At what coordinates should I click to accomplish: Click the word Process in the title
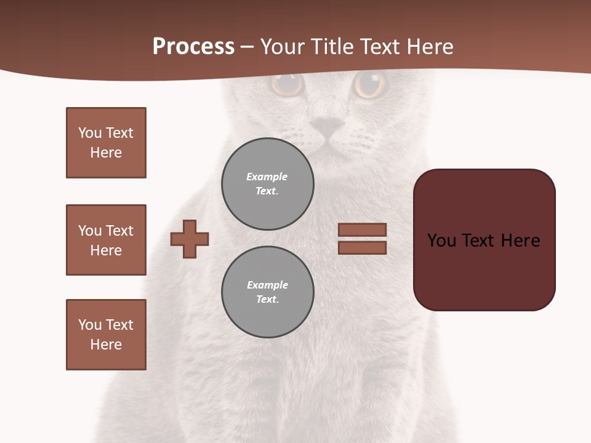(x=193, y=47)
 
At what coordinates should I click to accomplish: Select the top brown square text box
(x=106, y=143)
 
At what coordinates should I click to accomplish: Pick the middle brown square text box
(x=106, y=240)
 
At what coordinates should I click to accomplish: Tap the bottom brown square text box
(x=106, y=335)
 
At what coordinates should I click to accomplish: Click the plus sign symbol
(x=190, y=239)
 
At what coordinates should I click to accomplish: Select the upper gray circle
(x=267, y=184)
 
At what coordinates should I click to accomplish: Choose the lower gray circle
(x=267, y=292)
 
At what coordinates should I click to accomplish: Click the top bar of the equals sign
(x=362, y=229)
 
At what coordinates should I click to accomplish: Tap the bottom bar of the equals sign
(x=362, y=247)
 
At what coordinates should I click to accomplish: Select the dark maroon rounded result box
(x=484, y=240)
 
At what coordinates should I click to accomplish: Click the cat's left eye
(x=287, y=84)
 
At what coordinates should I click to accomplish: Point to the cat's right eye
(x=370, y=84)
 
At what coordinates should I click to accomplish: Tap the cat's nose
(x=327, y=127)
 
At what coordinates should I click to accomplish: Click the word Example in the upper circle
(x=267, y=177)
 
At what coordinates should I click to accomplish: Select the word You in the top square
(x=89, y=133)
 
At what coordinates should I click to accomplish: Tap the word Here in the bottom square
(x=106, y=345)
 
